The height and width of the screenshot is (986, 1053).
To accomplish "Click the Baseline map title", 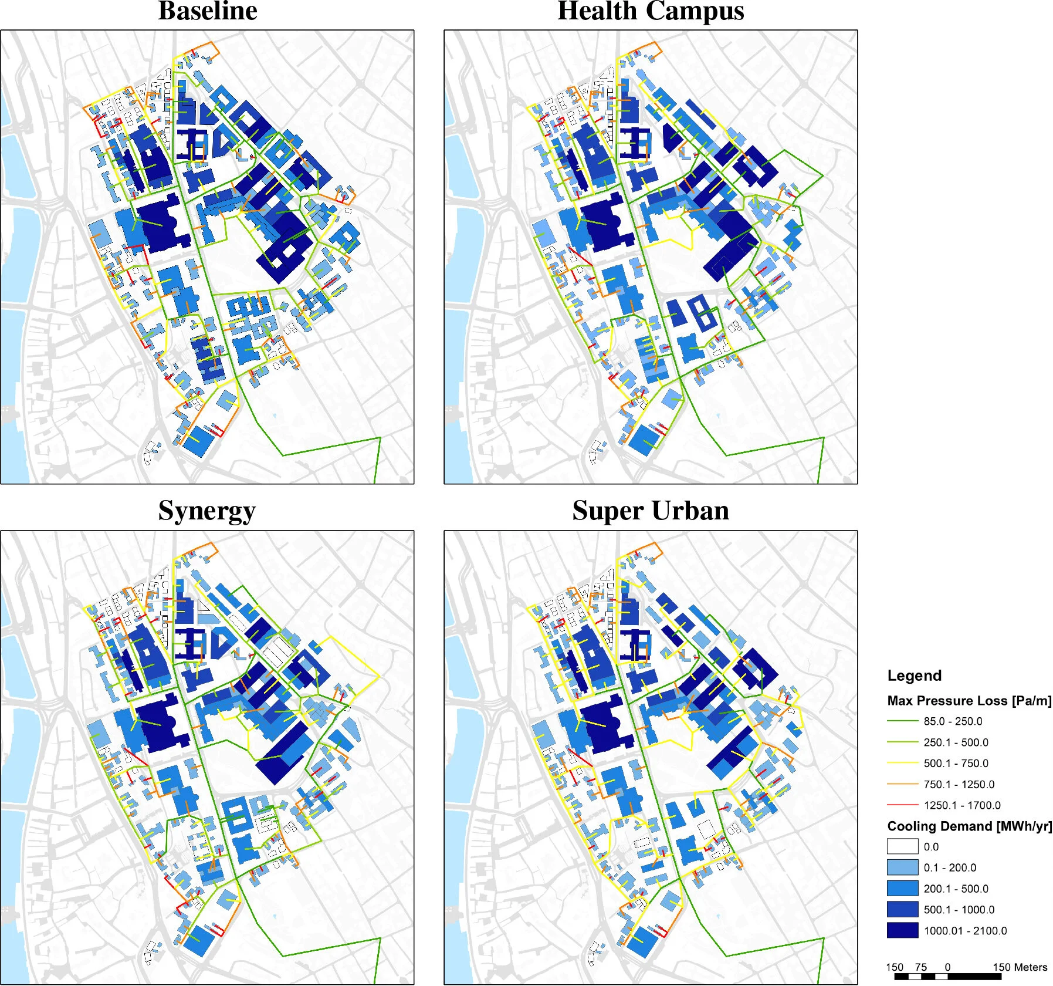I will point(208,11).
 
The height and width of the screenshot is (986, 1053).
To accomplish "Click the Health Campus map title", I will point(651,11).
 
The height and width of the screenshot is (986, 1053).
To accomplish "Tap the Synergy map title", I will point(206,511).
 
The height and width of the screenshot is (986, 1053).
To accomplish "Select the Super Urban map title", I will point(651,511).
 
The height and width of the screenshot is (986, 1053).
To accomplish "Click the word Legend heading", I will point(914,676).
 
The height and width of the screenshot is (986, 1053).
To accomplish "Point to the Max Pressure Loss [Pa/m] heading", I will point(969,701).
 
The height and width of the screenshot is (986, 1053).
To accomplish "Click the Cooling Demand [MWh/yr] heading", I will point(969,826).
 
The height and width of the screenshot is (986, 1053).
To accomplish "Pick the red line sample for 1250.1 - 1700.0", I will point(902,805).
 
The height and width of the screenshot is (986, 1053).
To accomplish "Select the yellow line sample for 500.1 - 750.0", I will point(902,763).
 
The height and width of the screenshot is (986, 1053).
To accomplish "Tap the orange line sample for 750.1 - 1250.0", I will point(902,784).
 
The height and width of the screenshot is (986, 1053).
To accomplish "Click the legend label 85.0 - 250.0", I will point(953,721).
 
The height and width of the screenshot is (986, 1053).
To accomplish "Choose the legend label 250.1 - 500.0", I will point(956,742).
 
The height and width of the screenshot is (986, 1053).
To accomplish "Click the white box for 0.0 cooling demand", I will point(902,846).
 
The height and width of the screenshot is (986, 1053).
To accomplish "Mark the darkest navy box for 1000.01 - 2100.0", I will point(902,930).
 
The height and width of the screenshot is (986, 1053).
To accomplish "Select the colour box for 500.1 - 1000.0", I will point(902,909).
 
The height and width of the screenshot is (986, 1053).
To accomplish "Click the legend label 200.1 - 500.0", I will point(956,889).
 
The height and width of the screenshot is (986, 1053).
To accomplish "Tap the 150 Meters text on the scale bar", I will point(1020,967).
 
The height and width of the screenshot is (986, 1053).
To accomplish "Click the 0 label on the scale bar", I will point(947,967).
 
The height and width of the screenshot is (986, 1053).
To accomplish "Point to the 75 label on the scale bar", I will point(921,967).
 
